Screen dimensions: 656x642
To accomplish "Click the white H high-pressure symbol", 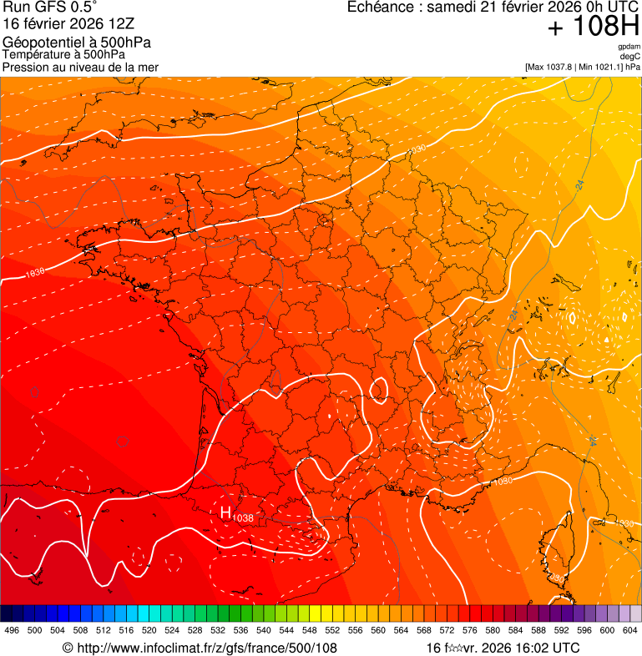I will pyautogui.click(x=225, y=512).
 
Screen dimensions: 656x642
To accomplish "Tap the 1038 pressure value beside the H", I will pyautogui.click(x=243, y=518).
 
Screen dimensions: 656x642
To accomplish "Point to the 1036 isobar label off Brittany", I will pyautogui.click(x=34, y=273).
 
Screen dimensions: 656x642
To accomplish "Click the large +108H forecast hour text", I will pyautogui.click(x=593, y=27).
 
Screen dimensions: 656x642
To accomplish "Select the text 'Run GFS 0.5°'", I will pyautogui.click(x=49, y=8).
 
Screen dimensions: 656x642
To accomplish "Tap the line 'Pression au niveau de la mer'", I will pyautogui.click(x=80, y=67).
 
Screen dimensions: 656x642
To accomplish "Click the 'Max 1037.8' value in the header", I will pyautogui.click(x=554, y=67).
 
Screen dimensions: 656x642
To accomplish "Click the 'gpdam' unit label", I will pyautogui.click(x=629, y=47).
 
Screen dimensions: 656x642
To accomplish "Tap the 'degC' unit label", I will pyautogui.click(x=630, y=57).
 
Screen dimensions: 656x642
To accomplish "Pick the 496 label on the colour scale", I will pyautogui.click(x=12, y=630).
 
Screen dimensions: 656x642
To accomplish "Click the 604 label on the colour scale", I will pyautogui.click(x=630, y=630).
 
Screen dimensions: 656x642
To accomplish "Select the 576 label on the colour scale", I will pyautogui.click(x=470, y=630).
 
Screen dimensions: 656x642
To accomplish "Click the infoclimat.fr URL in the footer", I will pyautogui.click(x=206, y=648).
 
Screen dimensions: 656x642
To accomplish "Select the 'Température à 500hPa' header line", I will pyautogui.click(x=63, y=54).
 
